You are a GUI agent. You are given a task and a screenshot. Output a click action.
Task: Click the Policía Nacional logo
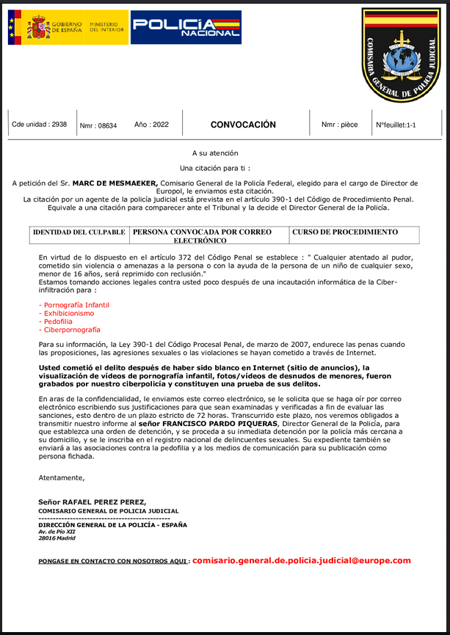tap(186, 27)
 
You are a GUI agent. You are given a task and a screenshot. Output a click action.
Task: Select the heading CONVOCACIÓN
tap(243, 125)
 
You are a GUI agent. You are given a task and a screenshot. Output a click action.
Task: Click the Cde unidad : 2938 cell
tap(39, 125)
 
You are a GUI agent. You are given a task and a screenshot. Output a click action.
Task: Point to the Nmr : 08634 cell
tap(98, 125)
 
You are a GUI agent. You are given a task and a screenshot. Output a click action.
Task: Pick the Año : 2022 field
tap(151, 125)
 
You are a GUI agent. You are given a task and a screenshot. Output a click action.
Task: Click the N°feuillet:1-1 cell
tap(396, 125)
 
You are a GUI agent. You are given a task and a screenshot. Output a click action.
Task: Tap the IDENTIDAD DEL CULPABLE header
tap(79, 232)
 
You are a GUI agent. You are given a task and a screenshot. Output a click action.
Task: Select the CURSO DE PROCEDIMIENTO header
tap(345, 232)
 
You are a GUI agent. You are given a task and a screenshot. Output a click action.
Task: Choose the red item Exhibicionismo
tap(68, 313)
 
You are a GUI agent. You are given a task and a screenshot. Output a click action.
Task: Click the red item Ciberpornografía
tap(69, 330)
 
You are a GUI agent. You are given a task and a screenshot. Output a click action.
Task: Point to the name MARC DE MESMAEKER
tap(114, 182)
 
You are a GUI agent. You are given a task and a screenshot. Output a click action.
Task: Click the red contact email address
tap(302, 560)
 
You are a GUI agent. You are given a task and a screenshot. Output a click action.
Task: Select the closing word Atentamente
tap(62, 478)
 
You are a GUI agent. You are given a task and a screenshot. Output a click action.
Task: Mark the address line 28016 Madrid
tap(57, 537)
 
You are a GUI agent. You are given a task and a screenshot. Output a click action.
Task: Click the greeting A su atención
tap(215, 153)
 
